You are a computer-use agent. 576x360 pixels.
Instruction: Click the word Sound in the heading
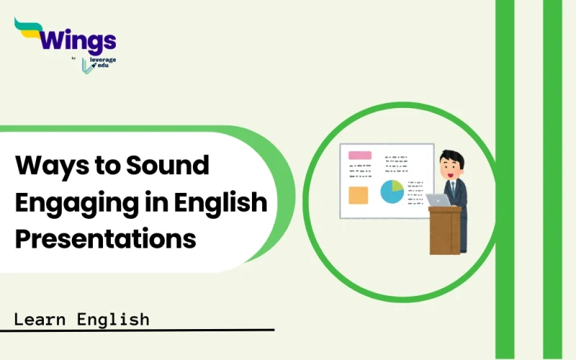[167, 166]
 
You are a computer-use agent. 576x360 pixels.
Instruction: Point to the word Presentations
[106, 238]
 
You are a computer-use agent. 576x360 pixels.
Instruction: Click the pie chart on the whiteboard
[392, 191]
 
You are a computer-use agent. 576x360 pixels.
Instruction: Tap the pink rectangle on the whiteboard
[359, 155]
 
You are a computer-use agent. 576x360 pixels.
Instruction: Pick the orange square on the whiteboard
[358, 195]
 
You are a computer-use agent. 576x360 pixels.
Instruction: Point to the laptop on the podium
[438, 200]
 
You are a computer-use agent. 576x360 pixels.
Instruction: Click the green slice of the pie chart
[397, 185]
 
